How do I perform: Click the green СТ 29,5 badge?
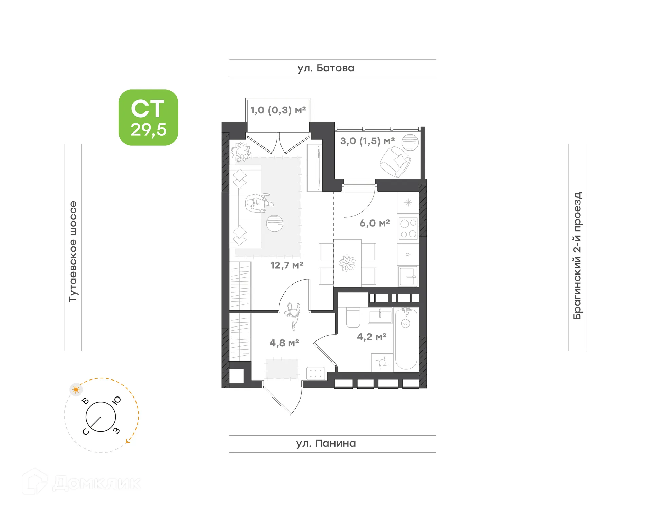coord(148,118)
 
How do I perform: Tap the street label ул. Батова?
coord(326,68)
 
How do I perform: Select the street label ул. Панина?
coord(326,443)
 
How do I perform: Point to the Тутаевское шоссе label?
coord(73,251)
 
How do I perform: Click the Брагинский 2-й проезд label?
coord(577,255)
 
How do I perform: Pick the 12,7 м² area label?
coord(287,265)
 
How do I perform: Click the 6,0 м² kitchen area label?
coord(375,223)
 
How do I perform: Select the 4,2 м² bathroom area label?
coord(372,337)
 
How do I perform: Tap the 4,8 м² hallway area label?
coord(284,343)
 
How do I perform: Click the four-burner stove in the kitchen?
coord(408,229)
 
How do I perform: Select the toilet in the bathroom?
coord(353,318)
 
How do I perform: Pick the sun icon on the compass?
coord(76,389)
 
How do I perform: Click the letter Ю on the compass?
coord(117,401)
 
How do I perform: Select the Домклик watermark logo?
coord(81,482)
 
